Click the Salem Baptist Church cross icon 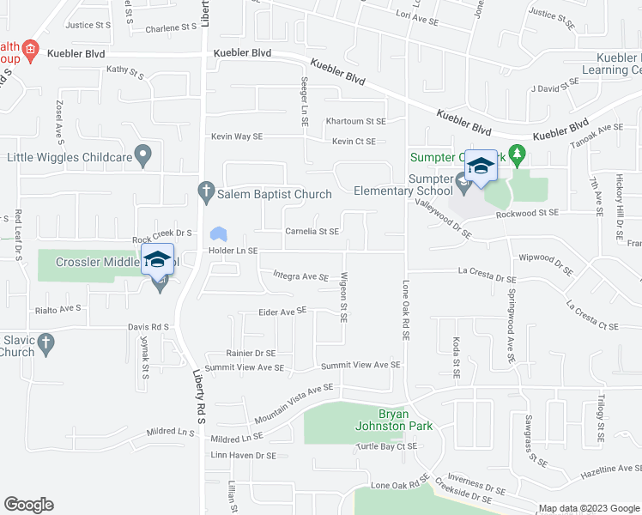205,193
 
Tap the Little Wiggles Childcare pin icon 144,157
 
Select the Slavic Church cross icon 46,344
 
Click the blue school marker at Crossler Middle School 158,259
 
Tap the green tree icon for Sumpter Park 516,155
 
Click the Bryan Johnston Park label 393,419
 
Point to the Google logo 28,505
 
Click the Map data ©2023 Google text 589,508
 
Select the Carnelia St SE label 312,231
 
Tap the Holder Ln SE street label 233,251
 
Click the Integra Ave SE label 300,276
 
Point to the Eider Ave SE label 282,311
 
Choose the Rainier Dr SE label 251,353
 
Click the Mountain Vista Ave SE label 293,396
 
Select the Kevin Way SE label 237,136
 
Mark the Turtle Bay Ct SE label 387,446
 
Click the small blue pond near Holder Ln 219,233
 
